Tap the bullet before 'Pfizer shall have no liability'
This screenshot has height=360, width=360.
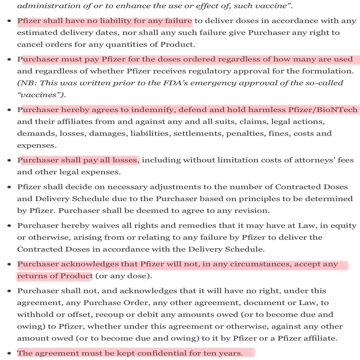coord(10,21)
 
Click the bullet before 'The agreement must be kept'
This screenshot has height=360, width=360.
coord(10,354)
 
